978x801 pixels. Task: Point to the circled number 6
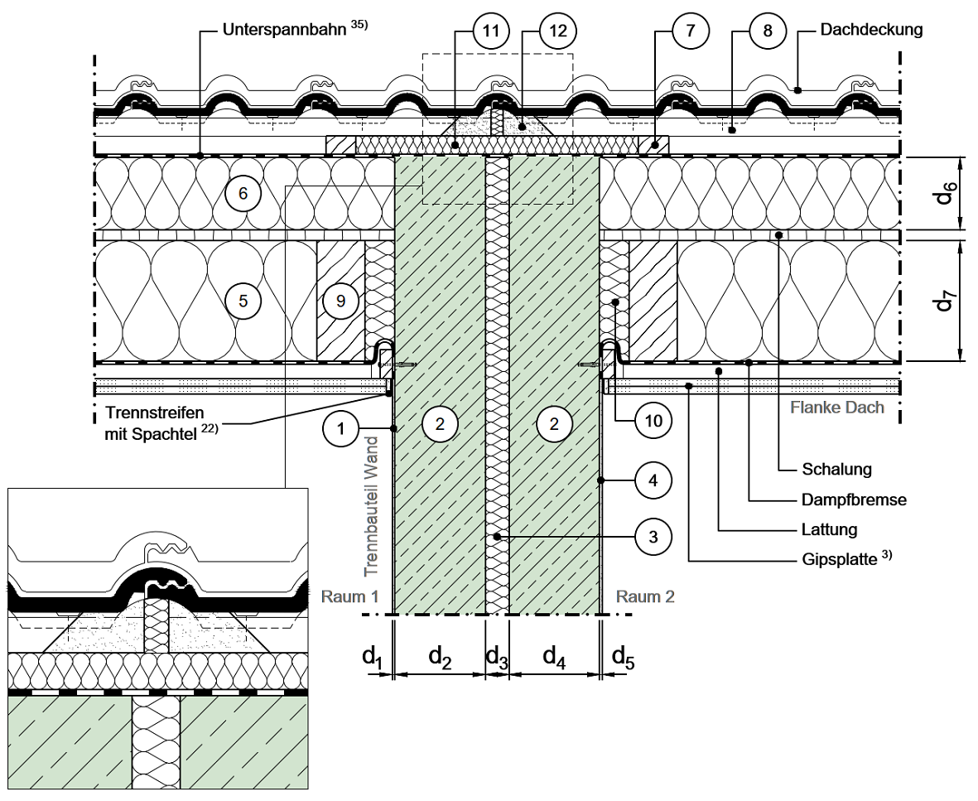pos(243,193)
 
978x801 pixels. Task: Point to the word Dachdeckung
pos(871,30)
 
